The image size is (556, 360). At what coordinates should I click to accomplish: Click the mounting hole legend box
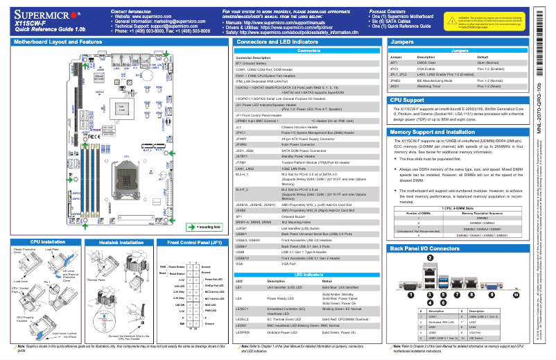click(205, 226)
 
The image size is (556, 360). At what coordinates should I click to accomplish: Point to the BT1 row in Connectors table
click(251, 63)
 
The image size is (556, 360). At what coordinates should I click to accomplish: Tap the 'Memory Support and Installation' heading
click(434, 131)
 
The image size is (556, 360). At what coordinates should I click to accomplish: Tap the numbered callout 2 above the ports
click(430, 258)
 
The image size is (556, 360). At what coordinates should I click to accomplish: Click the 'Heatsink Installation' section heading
click(121, 243)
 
